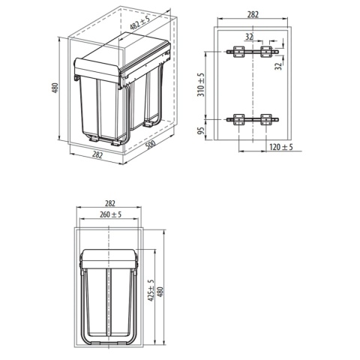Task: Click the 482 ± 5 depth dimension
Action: pyautogui.click(x=139, y=22)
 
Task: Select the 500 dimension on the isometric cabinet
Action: pyautogui.click(x=150, y=145)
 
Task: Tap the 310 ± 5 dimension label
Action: pyautogui.click(x=201, y=85)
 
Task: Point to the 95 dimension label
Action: pyautogui.click(x=201, y=130)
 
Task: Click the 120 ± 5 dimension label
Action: pyautogui.click(x=281, y=147)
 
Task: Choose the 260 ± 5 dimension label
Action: pyautogui.click(x=110, y=214)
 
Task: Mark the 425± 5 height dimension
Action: pyautogui.click(x=151, y=290)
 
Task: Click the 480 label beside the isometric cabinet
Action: pyautogui.click(x=55, y=88)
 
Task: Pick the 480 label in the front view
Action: pyautogui.click(x=160, y=292)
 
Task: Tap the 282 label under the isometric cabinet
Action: pyautogui.click(x=97, y=155)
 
